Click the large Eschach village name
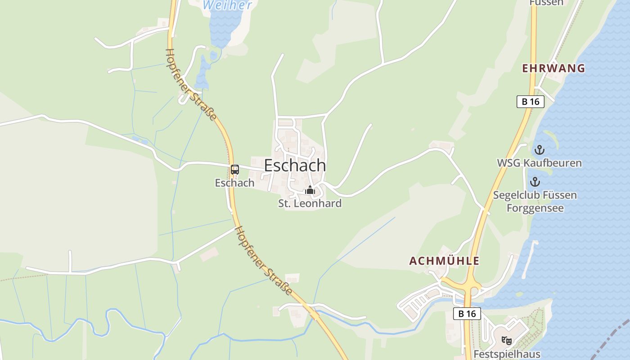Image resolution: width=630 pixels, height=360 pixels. point(295,166)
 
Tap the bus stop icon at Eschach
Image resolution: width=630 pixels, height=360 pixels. point(235,170)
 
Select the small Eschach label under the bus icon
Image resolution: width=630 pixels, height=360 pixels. point(234,183)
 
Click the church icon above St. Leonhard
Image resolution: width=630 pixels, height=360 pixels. point(310,190)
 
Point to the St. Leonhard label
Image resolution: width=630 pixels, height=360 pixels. point(310,203)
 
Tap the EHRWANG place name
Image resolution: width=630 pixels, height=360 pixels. point(553,68)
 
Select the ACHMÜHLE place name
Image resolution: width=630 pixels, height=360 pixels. point(444,261)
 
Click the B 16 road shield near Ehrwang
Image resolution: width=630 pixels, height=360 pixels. point(530,102)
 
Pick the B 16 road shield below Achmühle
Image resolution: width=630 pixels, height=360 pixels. point(467,314)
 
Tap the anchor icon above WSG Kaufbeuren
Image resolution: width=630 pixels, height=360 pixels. point(539,150)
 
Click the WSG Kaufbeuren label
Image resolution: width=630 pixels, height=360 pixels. point(539,163)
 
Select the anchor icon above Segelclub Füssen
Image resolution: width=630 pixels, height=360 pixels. point(535,182)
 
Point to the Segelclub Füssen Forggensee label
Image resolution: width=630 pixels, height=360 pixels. point(535,202)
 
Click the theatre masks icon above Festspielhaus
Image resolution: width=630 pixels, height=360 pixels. point(507,341)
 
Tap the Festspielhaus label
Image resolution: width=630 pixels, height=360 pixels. point(507,354)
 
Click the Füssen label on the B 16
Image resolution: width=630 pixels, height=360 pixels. point(546,3)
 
